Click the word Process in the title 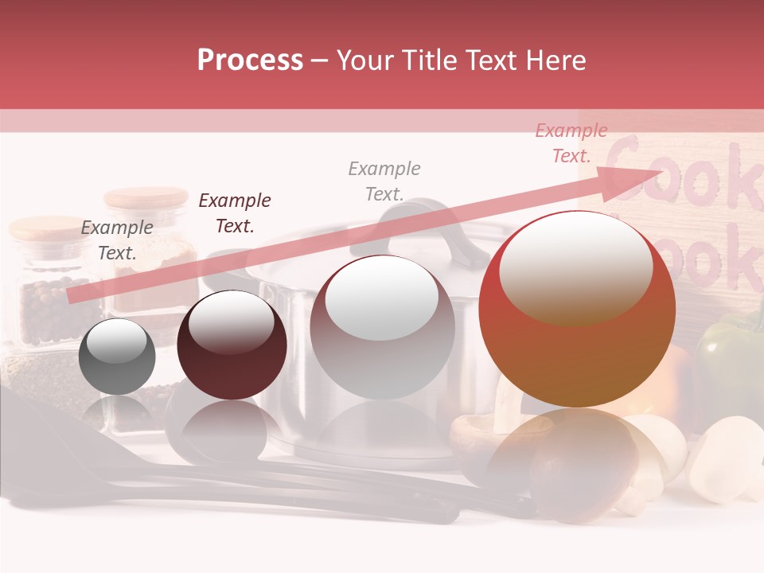coord(250,60)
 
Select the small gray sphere coord(117,357)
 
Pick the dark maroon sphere coord(232,345)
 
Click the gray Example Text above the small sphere coord(117,240)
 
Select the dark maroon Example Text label coord(235,213)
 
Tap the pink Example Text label coord(571,143)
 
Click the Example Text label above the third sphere coord(384,181)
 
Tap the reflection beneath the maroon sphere coord(231,430)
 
